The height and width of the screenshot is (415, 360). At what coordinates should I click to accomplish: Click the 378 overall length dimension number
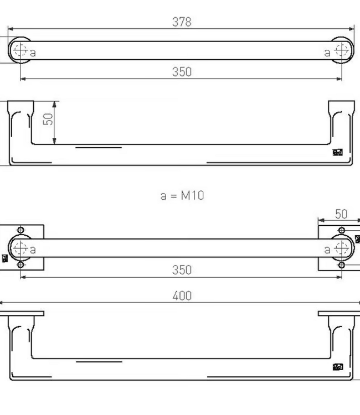(x=182, y=22)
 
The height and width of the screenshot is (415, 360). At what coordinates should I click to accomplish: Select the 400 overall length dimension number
(x=182, y=296)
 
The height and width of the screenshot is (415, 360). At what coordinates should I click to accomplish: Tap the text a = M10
(x=182, y=195)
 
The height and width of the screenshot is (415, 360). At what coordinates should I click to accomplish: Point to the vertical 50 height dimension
(x=49, y=118)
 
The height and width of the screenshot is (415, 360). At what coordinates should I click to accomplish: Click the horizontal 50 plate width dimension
(x=341, y=214)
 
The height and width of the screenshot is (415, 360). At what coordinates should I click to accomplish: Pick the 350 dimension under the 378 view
(x=182, y=72)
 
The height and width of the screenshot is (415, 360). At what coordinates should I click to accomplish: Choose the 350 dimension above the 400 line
(x=182, y=270)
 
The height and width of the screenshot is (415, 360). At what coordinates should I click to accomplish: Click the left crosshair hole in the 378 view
(x=20, y=50)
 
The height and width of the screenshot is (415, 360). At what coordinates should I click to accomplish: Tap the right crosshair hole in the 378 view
(x=342, y=51)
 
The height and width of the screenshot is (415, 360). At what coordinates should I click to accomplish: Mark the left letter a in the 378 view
(x=33, y=53)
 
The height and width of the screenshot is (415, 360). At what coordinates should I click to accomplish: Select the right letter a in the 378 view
(x=327, y=53)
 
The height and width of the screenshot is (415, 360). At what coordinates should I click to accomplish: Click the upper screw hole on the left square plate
(x=21, y=230)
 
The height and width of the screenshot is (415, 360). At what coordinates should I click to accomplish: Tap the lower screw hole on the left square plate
(x=21, y=265)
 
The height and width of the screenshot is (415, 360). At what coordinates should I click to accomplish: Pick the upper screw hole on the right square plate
(x=342, y=230)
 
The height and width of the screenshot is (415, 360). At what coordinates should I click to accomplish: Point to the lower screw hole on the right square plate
(x=342, y=265)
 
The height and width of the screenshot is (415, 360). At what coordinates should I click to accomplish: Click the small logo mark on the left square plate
(x=5, y=258)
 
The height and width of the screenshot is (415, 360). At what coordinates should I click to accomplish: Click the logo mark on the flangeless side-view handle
(x=337, y=152)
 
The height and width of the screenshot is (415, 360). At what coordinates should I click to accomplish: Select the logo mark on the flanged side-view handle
(x=337, y=366)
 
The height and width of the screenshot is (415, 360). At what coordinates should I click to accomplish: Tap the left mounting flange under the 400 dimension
(x=22, y=313)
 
